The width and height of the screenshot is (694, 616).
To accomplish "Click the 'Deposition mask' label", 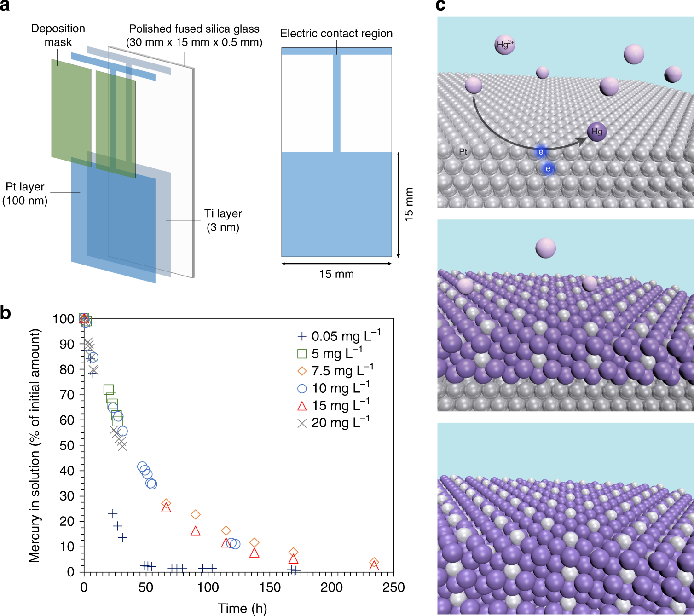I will (x=58, y=35).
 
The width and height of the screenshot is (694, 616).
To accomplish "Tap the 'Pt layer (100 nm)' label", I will (x=25, y=194).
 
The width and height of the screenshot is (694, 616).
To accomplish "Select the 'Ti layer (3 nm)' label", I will (x=223, y=220).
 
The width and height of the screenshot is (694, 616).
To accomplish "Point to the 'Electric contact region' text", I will (x=336, y=34).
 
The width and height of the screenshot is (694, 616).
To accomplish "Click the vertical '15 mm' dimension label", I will (x=409, y=204).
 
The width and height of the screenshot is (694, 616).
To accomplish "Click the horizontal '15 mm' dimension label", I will (x=336, y=274).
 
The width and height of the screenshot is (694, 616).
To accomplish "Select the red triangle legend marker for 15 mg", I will (x=302, y=406).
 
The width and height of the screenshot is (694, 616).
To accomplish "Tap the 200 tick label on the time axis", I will (x=331, y=587).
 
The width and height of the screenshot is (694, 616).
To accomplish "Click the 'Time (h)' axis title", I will (x=242, y=608).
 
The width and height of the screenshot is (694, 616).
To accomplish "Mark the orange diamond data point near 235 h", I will (x=374, y=562).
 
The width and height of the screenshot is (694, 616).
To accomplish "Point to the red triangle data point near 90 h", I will (x=195, y=531).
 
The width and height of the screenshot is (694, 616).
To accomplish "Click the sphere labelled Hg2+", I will (x=504, y=45).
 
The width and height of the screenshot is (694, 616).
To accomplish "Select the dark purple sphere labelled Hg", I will (x=596, y=132).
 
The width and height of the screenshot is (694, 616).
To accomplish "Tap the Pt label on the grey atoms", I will (x=463, y=152).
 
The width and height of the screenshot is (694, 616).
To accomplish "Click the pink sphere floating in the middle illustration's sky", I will (x=545, y=248).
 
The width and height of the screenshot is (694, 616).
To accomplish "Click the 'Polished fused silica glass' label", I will (x=194, y=35).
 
